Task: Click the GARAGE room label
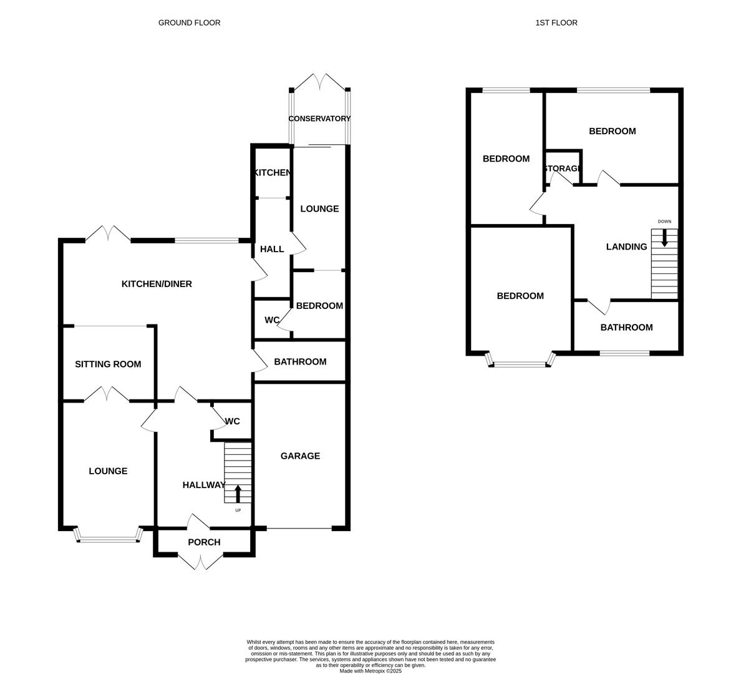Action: tap(300, 456)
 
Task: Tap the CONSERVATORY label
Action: tap(319, 119)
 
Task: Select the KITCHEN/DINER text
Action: tap(157, 284)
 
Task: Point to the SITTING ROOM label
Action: tap(108, 364)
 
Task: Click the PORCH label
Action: tap(204, 542)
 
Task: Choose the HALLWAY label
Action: tap(204, 485)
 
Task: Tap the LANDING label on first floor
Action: tap(626, 247)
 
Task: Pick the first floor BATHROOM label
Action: tap(626, 328)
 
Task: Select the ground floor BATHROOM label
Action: tap(300, 362)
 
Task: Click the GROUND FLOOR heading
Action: tap(189, 23)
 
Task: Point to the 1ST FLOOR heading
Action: tap(556, 23)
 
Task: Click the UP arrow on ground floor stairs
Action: tap(238, 494)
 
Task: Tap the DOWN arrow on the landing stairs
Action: tap(664, 237)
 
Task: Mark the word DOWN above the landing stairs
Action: tap(664, 222)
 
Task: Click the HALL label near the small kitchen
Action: tap(272, 250)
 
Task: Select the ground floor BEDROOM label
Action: tap(319, 306)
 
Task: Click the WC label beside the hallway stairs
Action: tap(233, 422)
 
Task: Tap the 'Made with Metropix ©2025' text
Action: tap(370, 671)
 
